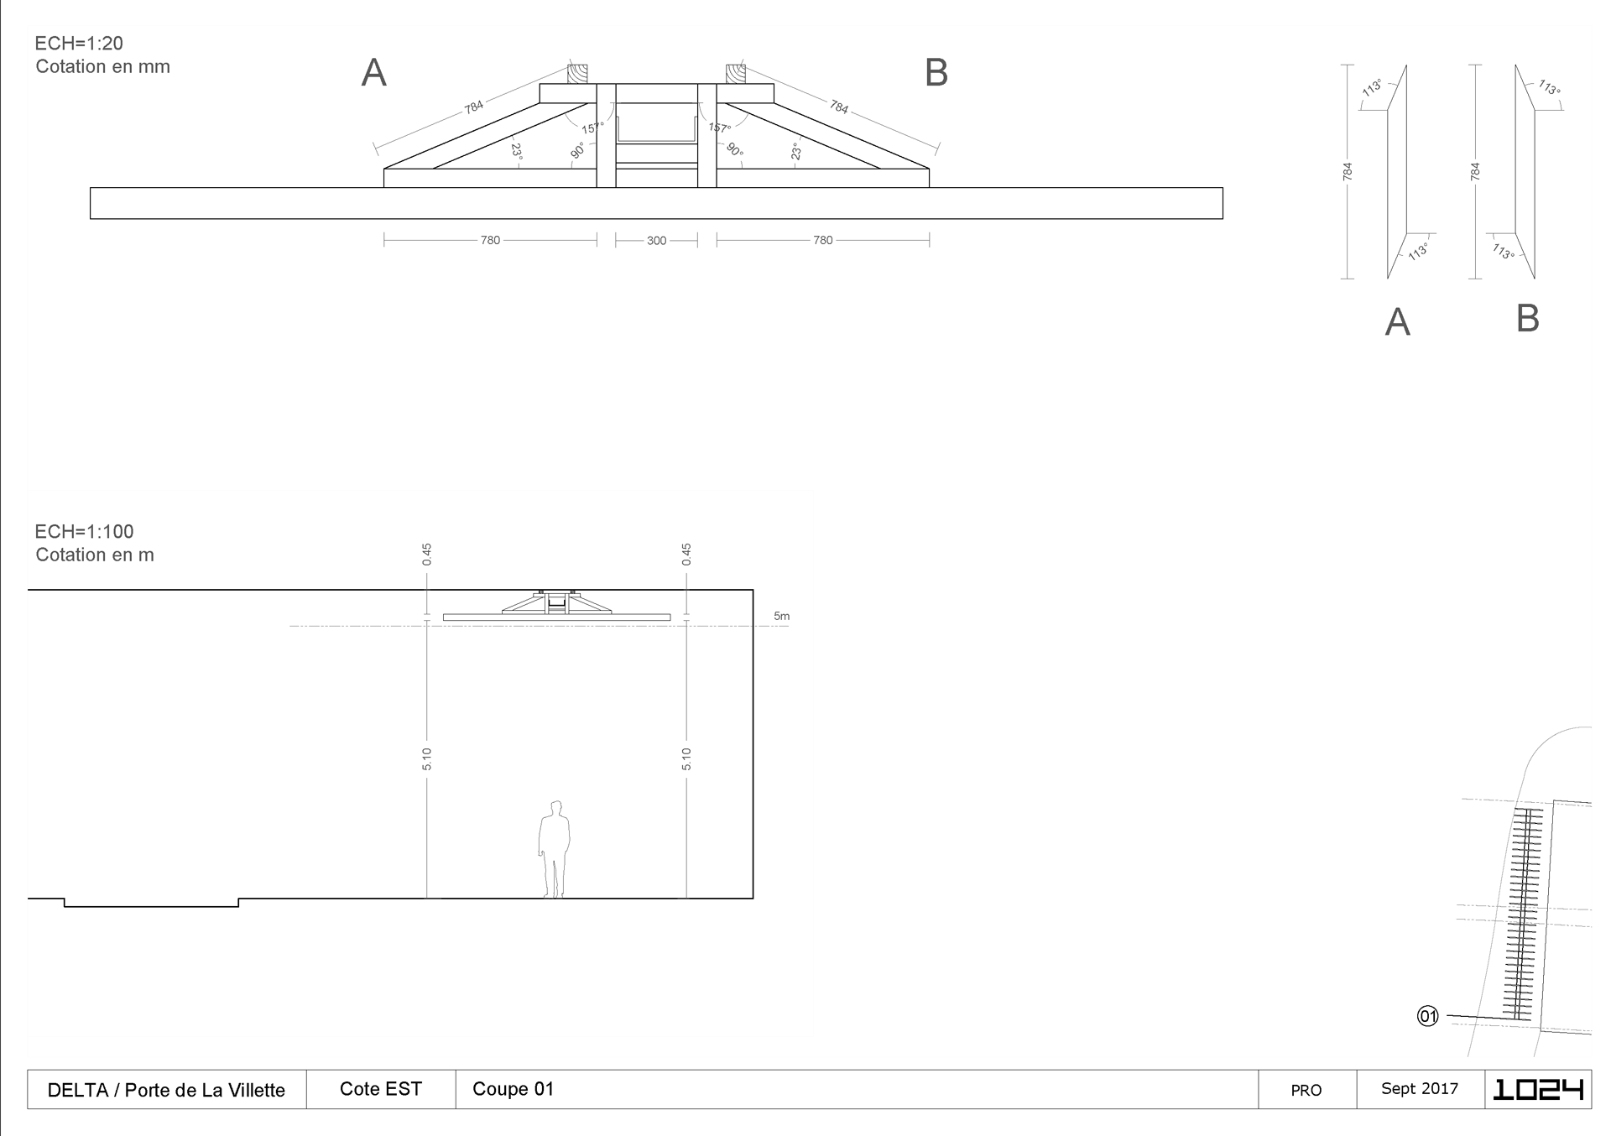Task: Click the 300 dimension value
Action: click(656, 241)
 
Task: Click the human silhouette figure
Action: click(554, 849)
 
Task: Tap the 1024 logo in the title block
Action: click(1538, 1089)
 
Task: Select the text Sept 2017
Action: click(1420, 1088)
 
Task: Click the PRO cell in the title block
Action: click(1306, 1090)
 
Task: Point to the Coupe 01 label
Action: click(514, 1089)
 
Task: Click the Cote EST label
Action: click(381, 1089)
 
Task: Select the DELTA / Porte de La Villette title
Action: click(166, 1090)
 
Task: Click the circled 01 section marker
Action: click(1428, 1016)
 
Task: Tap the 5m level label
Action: click(781, 616)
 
